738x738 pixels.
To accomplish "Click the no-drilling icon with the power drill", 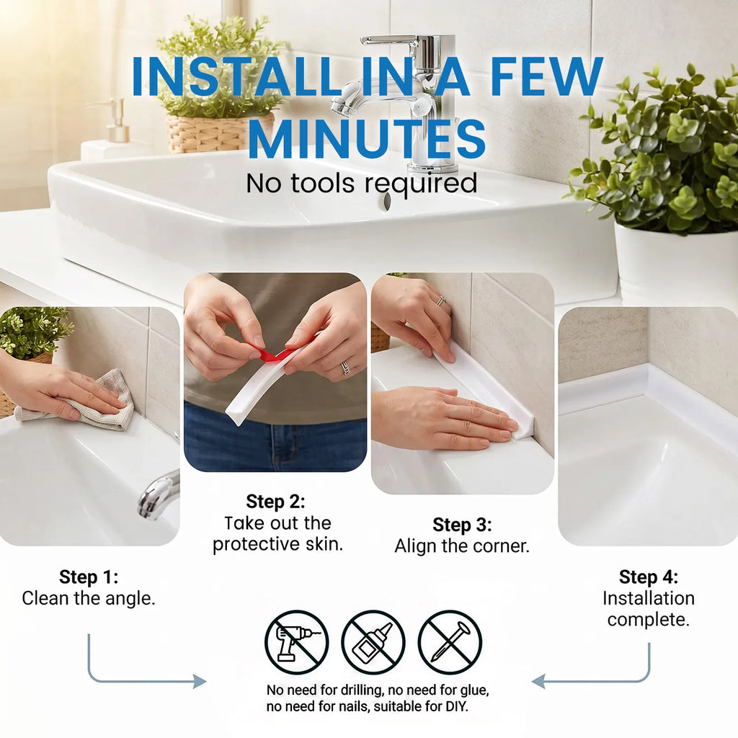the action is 296,642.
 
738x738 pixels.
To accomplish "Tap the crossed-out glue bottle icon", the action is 373,642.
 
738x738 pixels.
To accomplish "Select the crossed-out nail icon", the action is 450,642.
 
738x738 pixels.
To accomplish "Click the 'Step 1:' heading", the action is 89,577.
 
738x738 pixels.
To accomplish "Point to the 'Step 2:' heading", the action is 275,502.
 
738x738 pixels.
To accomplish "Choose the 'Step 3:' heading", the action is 462,525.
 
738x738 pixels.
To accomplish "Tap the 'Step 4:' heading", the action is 649,577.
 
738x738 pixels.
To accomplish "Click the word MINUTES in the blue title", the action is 367,138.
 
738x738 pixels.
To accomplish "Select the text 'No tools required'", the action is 362,183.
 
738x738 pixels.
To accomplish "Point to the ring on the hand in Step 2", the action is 345,367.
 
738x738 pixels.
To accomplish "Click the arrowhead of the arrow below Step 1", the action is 200,681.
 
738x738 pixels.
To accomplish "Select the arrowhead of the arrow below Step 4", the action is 538,681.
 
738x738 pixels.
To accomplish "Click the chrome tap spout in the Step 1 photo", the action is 158,495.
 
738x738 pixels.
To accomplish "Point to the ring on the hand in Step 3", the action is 441,301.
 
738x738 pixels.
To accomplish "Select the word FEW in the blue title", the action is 547,76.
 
